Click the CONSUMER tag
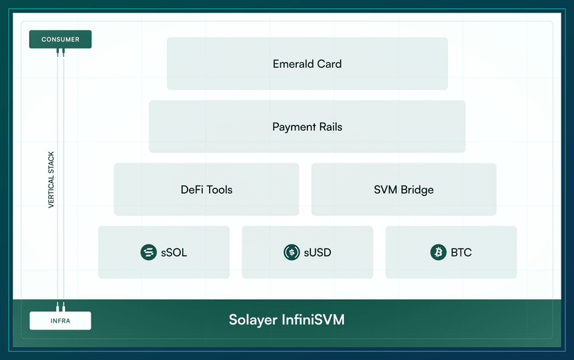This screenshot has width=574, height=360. point(60,39)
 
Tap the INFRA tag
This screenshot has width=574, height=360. point(60,321)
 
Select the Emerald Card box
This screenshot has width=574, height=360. point(307,64)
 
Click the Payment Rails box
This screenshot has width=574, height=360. point(307,127)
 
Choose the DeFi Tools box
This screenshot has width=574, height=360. point(206,190)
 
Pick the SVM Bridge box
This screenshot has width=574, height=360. point(404,190)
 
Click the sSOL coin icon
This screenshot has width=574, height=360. point(149,253)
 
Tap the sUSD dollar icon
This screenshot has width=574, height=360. point(292,253)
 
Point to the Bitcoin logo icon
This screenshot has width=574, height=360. point(438,253)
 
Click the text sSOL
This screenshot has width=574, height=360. point(174,253)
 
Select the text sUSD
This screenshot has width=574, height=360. point(317,253)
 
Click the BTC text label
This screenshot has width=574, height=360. point(461,253)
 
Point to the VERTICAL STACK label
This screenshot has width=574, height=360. point(51,179)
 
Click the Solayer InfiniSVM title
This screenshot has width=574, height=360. point(287,320)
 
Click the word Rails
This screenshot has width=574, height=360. point(330,127)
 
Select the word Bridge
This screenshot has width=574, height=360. point(417,190)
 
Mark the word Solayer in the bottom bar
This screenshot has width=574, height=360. point(253,320)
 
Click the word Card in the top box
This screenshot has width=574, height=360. point(330,64)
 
